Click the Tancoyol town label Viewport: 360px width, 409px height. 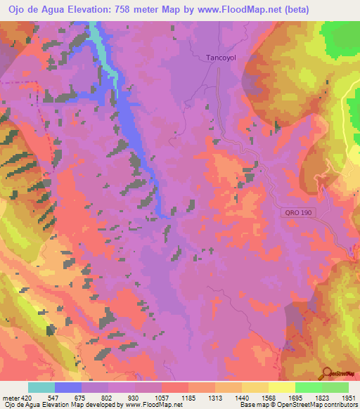pyautogui.click(x=220, y=59)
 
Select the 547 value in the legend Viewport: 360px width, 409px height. pyautogui.click(x=68, y=397)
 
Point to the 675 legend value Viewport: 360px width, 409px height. pyautogui.click(x=95, y=397)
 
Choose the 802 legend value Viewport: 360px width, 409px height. pyautogui.click(x=122, y=397)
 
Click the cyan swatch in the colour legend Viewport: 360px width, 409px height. pyautogui.click(x=41, y=387)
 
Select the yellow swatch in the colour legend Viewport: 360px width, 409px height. pyautogui.click(x=281, y=387)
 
